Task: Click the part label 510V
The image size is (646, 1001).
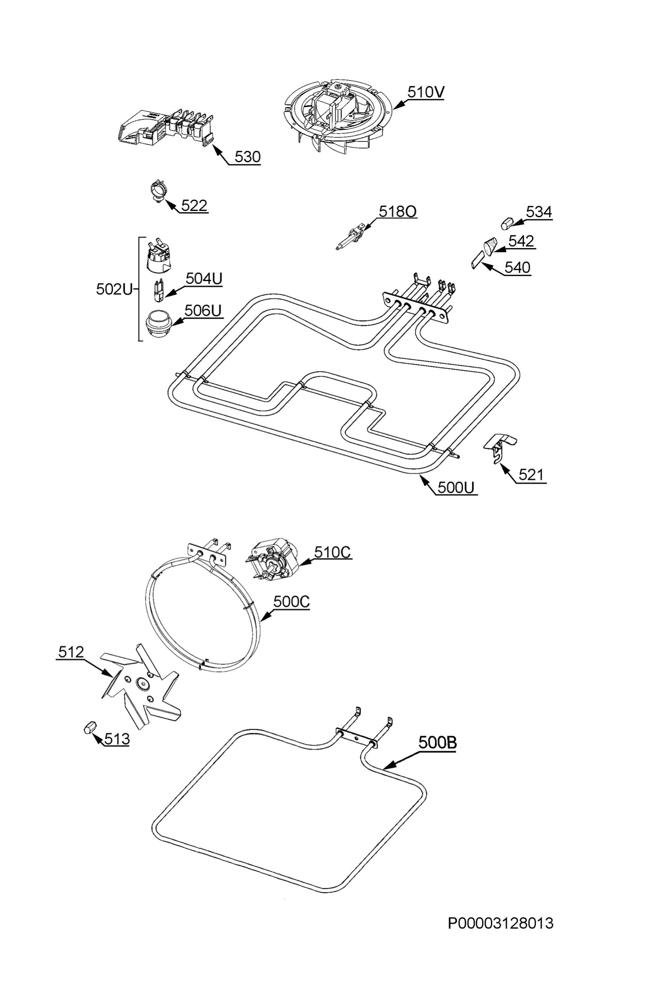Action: (x=425, y=92)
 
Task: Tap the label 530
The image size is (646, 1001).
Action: (x=247, y=157)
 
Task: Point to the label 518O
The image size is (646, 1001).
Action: (x=398, y=212)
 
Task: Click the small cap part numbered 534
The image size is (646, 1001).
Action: (x=507, y=223)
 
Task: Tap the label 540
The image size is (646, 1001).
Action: (x=517, y=267)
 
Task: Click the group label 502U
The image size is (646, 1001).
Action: (x=114, y=289)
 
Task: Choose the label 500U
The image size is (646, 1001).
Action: (x=456, y=488)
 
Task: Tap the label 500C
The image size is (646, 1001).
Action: (x=292, y=601)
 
